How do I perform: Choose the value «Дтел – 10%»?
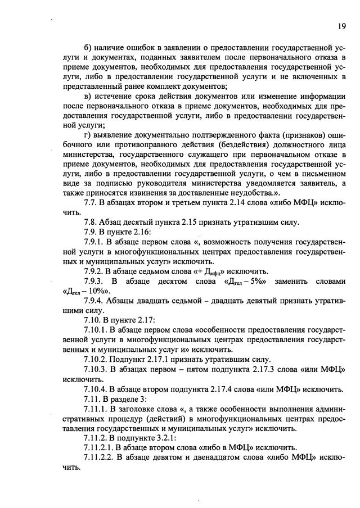(x=85, y=292)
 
